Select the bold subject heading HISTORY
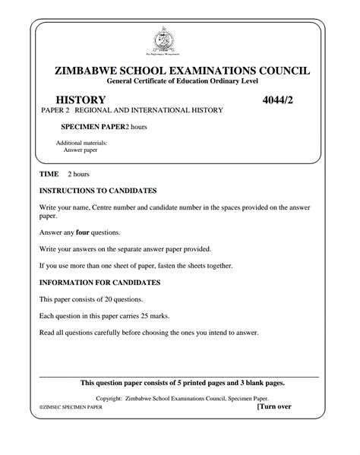[x=81, y=100]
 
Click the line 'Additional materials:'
[x=81, y=143]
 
